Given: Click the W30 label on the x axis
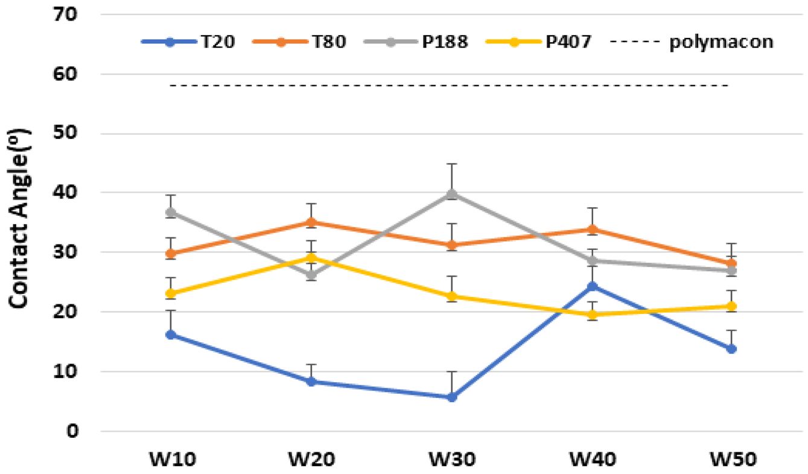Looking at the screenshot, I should [x=452, y=458].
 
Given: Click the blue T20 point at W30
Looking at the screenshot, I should [x=452, y=397].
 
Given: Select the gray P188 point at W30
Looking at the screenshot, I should [x=452, y=194].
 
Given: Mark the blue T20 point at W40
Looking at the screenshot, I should [x=592, y=286].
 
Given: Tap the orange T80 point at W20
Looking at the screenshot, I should [x=311, y=222].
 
